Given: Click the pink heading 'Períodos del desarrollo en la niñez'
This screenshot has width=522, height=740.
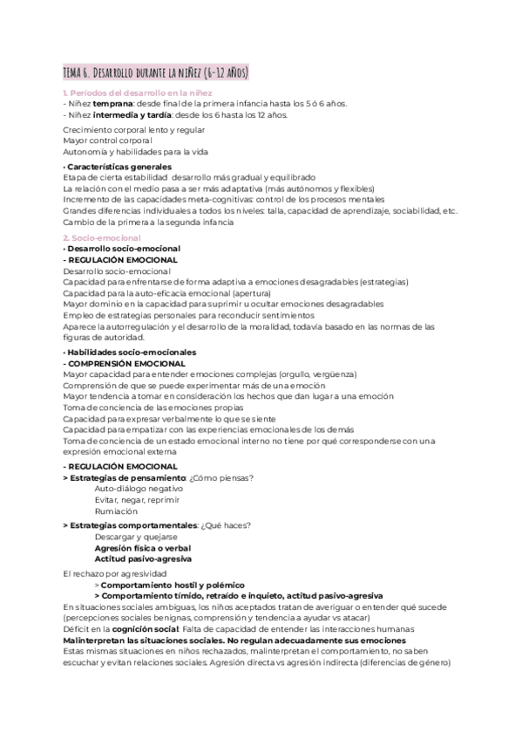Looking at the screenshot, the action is tap(139, 92).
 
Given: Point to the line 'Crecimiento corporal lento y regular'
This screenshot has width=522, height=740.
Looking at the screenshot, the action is tap(134, 129).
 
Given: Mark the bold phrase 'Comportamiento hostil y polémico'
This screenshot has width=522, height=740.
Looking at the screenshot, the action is tap(173, 584).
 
